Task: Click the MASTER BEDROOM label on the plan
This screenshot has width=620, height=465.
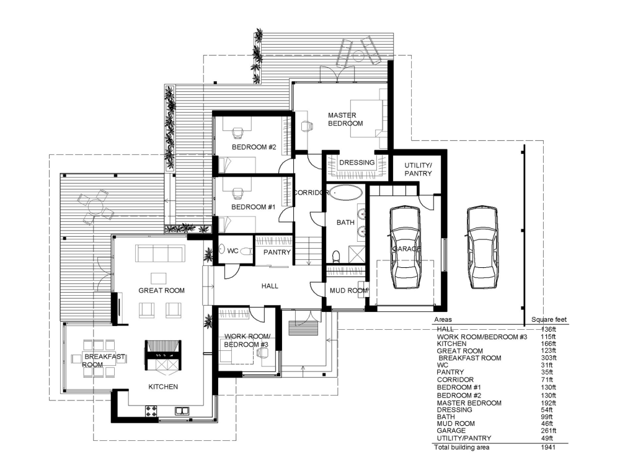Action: click(345, 119)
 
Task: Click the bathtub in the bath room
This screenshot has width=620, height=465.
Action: click(346, 192)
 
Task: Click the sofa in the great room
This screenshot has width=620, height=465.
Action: click(160, 254)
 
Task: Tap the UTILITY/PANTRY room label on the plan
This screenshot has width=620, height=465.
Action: click(418, 169)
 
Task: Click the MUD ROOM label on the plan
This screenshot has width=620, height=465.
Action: click(348, 290)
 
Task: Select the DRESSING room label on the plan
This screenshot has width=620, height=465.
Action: click(356, 163)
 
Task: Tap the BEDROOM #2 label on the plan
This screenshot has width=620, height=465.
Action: click(254, 147)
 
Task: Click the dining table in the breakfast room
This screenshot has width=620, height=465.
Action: click(99, 358)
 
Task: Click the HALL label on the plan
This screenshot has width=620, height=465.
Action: click(270, 286)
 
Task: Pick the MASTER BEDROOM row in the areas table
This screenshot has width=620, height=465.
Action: click(469, 403)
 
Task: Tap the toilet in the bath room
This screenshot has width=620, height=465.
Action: click(336, 255)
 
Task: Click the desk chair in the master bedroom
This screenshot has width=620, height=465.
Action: click(305, 125)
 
